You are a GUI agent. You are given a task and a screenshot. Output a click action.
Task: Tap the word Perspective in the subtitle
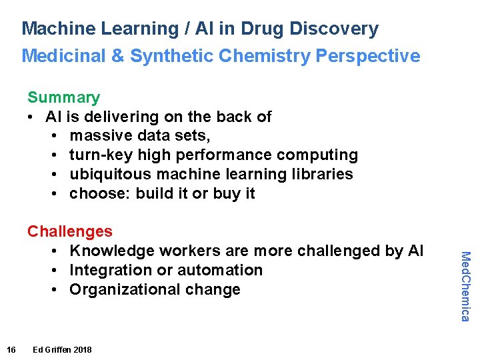pos(368,56)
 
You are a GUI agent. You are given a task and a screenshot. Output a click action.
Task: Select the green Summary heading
pos(63,97)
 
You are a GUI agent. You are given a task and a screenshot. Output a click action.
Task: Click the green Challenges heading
pos(70,231)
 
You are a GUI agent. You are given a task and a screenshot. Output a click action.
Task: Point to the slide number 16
pos(11,350)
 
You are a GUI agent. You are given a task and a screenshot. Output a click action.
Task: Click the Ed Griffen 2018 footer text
pos(62,350)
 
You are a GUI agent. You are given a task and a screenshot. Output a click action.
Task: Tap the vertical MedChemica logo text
pos(466,286)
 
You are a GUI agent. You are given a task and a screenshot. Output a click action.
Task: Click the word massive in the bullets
pos(101,136)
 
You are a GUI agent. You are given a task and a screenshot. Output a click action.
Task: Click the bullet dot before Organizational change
pos(53,289)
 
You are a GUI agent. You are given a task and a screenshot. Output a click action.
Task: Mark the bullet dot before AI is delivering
pos(31,117)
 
